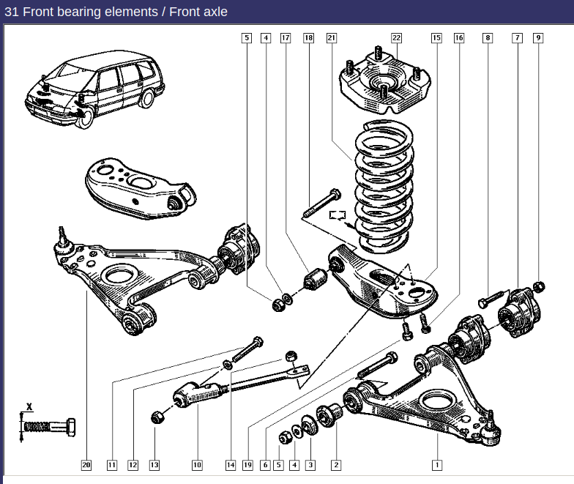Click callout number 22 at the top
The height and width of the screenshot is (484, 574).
pyautogui.click(x=396, y=37)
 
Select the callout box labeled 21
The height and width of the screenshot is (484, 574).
pyautogui.click(x=331, y=37)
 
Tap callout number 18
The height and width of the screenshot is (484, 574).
pyautogui.click(x=308, y=37)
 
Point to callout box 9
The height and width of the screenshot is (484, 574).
pyautogui.click(x=538, y=37)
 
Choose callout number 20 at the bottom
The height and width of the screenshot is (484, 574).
pyautogui.click(x=86, y=464)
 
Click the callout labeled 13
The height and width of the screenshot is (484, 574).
pyautogui.click(x=154, y=464)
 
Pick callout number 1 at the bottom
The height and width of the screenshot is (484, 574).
pyautogui.click(x=437, y=464)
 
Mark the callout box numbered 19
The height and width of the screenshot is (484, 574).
pyautogui.click(x=247, y=464)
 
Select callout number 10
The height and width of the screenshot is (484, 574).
pyautogui.click(x=197, y=464)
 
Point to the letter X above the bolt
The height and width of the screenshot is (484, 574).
pyautogui.click(x=29, y=406)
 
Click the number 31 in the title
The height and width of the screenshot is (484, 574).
pyautogui.click(x=12, y=12)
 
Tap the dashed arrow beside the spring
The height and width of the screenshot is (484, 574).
pyautogui.click(x=338, y=215)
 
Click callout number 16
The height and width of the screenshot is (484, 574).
pyautogui.click(x=459, y=37)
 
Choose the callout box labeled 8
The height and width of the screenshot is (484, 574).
pyautogui.click(x=487, y=37)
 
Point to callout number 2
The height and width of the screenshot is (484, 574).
pyautogui.click(x=336, y=464)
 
